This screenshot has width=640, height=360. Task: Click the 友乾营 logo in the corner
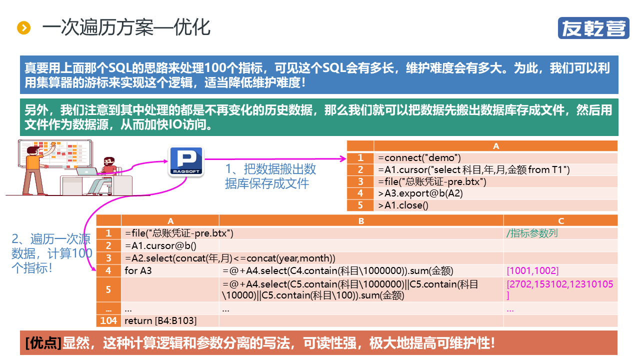(593, 28)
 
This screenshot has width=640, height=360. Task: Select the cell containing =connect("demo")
(495, 158)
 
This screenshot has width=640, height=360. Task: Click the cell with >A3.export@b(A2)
(495, 193)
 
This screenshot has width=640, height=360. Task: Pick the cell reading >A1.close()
(495, 205)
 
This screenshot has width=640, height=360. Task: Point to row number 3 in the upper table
(360, 181)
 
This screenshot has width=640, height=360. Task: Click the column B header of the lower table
(361, 221)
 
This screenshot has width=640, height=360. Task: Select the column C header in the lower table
(560, 221)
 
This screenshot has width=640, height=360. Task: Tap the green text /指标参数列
(532, 233)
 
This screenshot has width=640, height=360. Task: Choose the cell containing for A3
(170, 271)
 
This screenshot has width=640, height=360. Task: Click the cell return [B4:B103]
(170, 320)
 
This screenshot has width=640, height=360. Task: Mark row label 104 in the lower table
(108, 320)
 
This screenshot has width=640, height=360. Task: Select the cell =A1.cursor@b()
(170, 245)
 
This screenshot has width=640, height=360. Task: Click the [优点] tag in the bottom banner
(43, 343)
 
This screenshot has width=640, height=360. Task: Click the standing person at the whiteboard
(35, 167)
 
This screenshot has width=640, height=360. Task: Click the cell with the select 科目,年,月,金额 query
(495, 170)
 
